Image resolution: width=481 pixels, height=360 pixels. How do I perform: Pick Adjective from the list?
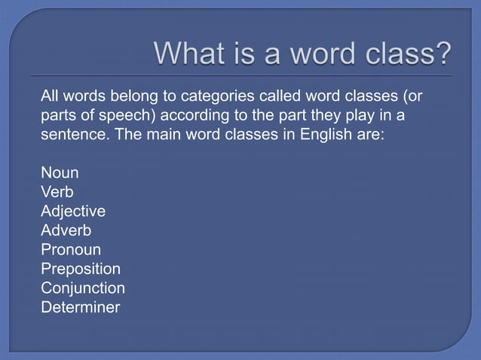[x=73, y=211]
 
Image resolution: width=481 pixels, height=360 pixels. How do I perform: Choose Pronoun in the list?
[x=71, y=249]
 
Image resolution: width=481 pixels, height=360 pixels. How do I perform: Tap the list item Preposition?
[x=81, y=269]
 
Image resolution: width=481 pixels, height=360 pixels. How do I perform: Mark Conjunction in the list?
[x=83, y=288]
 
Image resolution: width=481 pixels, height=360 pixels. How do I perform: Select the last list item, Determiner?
[x=81, y=307]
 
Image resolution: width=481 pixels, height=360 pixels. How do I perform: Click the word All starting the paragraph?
[x=51, y=96]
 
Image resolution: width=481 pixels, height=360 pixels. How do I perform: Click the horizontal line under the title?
[x=241, y=76]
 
